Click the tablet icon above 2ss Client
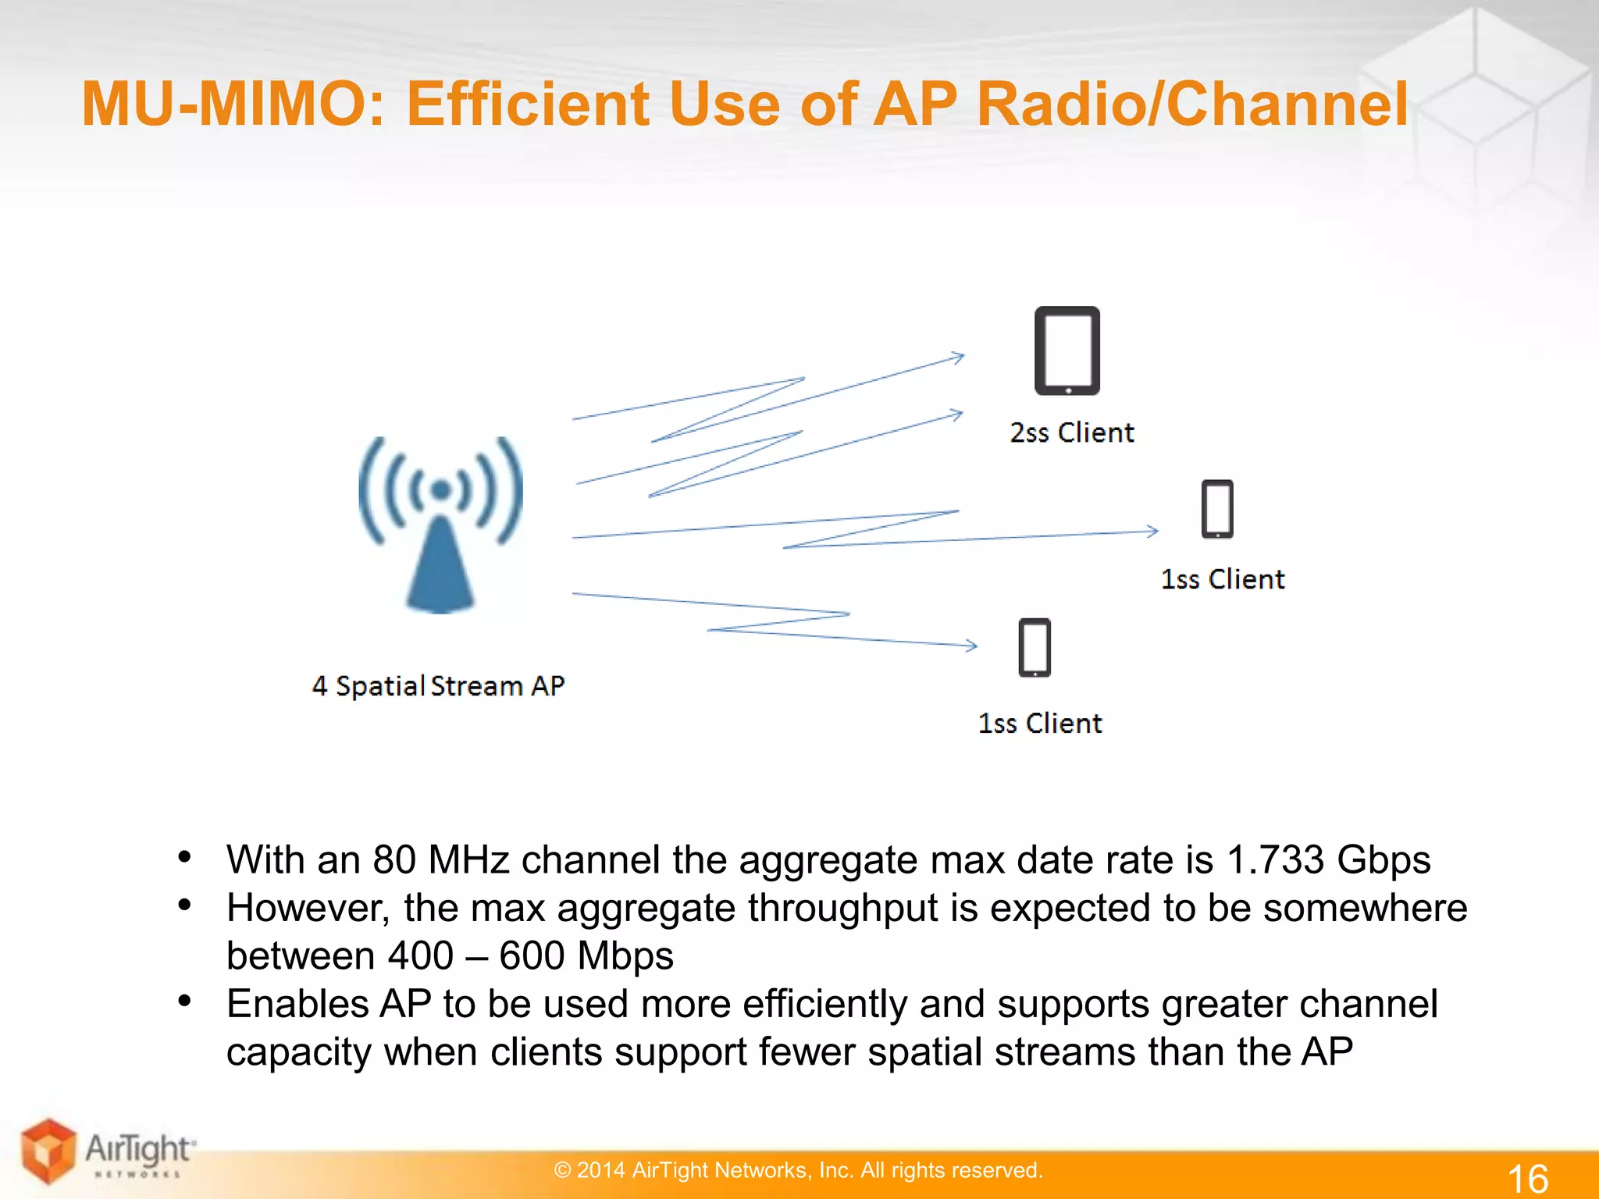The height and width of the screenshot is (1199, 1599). [x=1067, y=350]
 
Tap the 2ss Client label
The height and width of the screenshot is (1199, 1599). [x=1071, y=432]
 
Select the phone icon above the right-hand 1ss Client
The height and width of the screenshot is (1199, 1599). [x=1217, y=509]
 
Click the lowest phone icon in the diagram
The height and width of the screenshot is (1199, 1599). [x=1035, y=647]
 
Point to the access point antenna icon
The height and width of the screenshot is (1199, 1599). [x=440, y=523]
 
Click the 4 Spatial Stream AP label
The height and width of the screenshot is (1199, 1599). [x=438, y=685]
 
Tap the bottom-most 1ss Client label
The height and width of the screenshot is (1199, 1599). [x=1040, y=724]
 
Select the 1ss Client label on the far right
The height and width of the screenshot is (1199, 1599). [x=1223, y=579]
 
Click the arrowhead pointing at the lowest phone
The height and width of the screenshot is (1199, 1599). [x=971, y=646]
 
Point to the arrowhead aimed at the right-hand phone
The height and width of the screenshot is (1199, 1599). [x=1152, y=531]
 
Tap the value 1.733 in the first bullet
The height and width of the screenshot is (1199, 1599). [x=1275, y=859]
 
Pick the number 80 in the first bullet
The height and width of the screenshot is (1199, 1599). [x=394, y=859]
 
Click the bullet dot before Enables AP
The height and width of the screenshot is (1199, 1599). [x=185, y=1002]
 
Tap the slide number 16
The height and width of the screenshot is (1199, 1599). [x=1527, y=1177]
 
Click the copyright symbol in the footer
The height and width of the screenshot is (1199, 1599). [x=562, y=1170]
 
